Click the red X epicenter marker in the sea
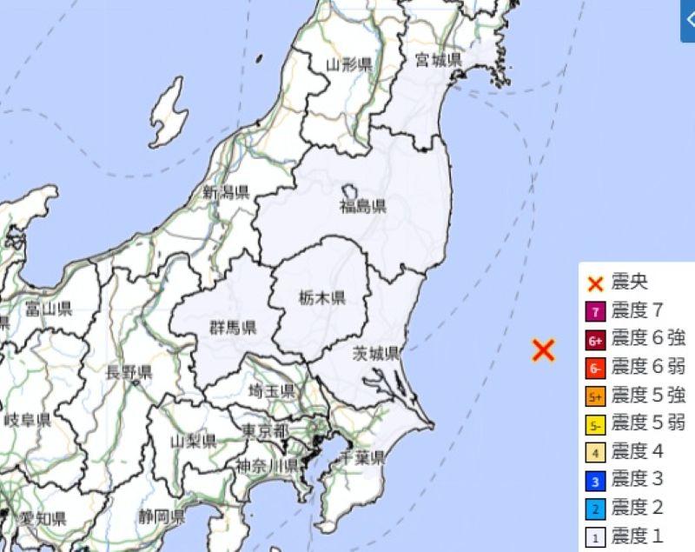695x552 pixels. pyautogui.click(x=543, y=350)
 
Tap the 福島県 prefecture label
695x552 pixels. pyautogui.click(x=362, y=206)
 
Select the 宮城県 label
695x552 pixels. pyautogui.click(x=438, y=59)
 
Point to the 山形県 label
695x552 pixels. pyautogui.click(x=349, y=63)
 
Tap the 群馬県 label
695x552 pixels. pyautogui.click(x=233, y=328)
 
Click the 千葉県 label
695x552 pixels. pyautogui.click(x=362, y=456)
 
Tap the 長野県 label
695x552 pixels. pyautogui.click(x=129, y=372)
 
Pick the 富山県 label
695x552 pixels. pyautogui.click(x=48, y=309)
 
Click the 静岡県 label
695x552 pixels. pyautogui.click(x=161, y=516)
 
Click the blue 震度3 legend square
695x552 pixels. pyautogui.click(x=596, y=481)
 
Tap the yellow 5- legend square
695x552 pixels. pyautogui.click(x=596, y=424)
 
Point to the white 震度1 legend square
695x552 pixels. pyautogui.click(x=596, y=537)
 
